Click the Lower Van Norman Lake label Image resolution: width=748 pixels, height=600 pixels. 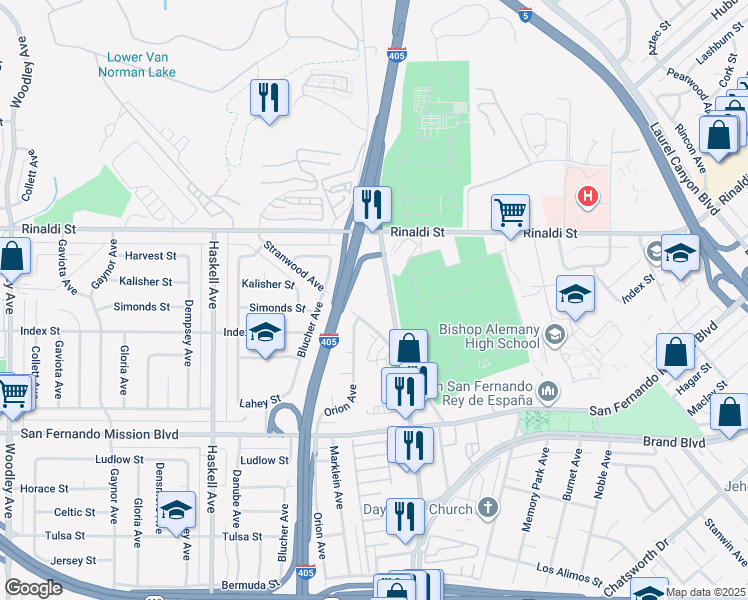[137, 64]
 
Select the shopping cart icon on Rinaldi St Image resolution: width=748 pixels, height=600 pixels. [510, 212]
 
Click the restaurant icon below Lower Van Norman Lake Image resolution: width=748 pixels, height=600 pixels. [268, 97]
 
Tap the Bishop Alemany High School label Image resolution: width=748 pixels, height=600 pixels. [490, 337]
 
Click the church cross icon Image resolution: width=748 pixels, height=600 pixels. [487, 509]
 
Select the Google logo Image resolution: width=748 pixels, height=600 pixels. [33, 588]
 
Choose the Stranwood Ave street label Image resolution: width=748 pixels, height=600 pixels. [294, 262]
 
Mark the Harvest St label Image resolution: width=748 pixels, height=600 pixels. [150, 256]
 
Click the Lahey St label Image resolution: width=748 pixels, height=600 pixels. [260, 402]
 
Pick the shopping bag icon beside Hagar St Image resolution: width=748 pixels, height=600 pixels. [676, 353]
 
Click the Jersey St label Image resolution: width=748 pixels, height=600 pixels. [74, 561]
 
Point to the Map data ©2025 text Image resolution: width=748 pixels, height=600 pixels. [706, 592]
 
